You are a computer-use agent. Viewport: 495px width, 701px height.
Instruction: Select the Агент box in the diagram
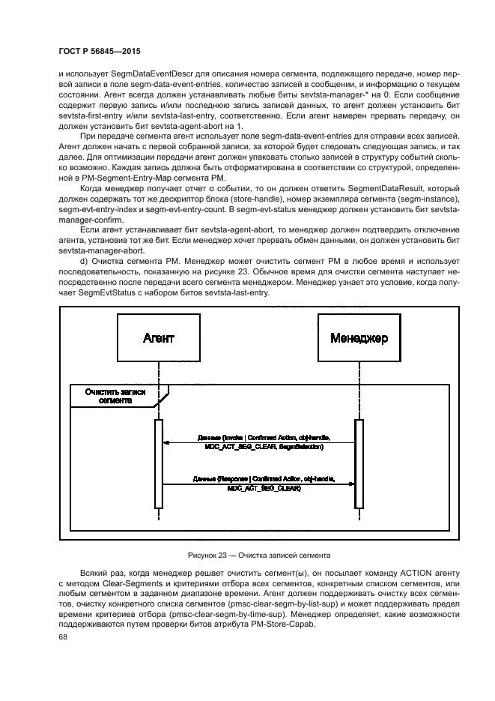[159, 338]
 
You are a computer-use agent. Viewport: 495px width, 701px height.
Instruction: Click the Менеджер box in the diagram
[359, 338]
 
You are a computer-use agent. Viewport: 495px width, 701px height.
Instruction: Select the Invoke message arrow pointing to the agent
[258, 443]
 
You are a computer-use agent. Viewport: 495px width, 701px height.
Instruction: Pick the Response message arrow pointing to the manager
[258, 484]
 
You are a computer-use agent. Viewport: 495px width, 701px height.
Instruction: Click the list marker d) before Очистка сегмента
[85, 260]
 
